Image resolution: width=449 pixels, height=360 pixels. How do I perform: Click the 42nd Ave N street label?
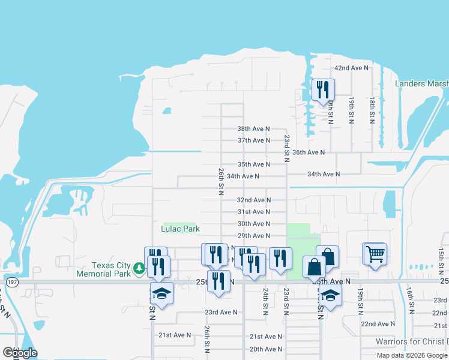(351, 68)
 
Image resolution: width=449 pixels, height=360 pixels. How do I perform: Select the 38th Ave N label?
(253, 129)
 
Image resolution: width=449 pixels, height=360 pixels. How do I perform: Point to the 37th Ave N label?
(253, 140)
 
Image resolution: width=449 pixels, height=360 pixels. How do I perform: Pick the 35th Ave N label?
(253, 164)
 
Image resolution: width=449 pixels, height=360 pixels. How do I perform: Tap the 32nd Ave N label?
(253, 200)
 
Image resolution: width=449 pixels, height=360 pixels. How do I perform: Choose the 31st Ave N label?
(253, 212)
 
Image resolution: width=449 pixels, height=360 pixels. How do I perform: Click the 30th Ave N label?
(253, 224)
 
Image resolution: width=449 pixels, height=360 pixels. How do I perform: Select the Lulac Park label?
(180, 229)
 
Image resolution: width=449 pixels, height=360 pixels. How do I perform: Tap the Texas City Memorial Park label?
(103, 269)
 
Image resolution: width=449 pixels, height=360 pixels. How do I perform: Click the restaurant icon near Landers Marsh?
(323, 89)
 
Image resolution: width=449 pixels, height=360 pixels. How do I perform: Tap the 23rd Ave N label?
(221, 312)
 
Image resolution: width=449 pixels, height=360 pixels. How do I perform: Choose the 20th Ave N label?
(266, 349)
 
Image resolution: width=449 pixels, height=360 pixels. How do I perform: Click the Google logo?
(20, 353)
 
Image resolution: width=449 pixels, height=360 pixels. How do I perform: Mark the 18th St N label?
(373, 110)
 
